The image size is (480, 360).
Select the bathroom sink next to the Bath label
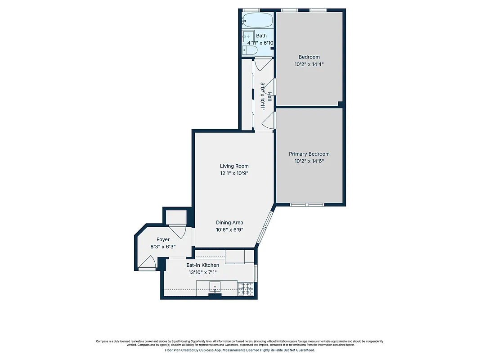click(x=247, y=36)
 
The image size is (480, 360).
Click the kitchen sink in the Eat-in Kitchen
click(x=216, y=286)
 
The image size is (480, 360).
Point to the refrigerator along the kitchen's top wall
click(x=234, y=256)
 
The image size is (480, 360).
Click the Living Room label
click(x=234, y=166)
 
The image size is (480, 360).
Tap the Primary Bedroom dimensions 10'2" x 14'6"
click(x=309, y=161)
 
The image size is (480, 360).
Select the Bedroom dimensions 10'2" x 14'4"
click(x=309, y=64)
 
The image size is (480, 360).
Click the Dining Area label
click(x=229, y=222)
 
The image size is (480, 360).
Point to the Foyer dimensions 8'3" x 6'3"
click(x=163, y=247)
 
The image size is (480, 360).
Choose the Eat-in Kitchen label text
click(x=203, y=265)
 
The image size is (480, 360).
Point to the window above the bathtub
click(x=251, y=10)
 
